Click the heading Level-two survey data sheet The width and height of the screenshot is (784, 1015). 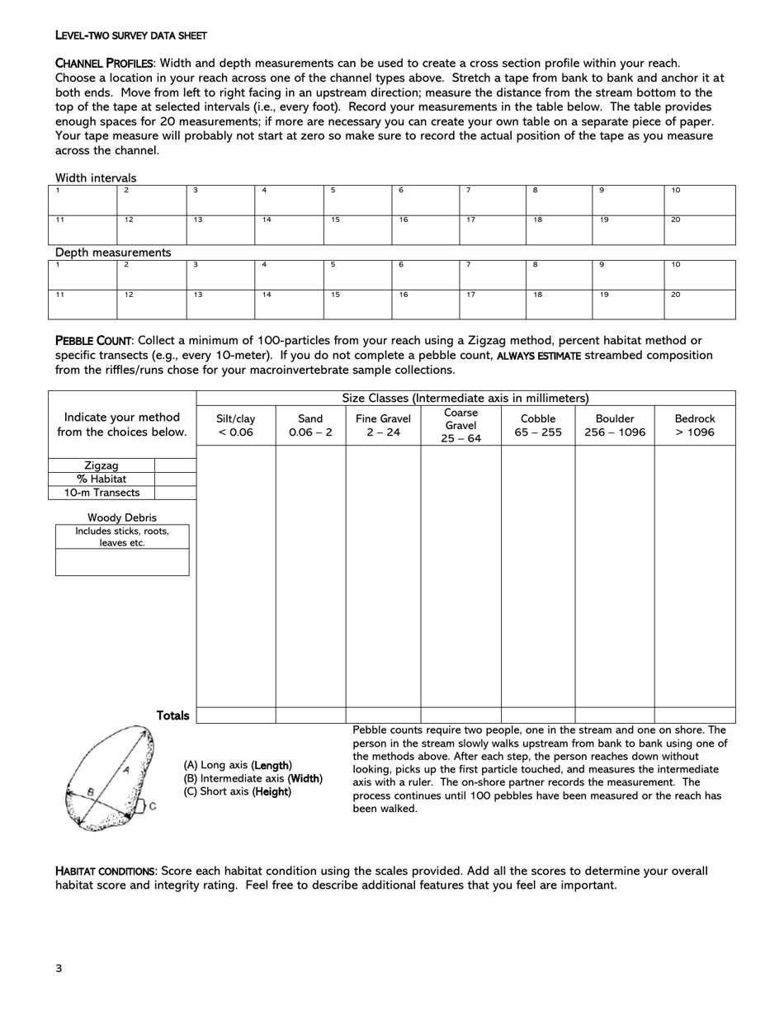pyautogui.click(x=130, y=35)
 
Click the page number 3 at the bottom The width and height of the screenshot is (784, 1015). pyautogui.click(x=59, y=968)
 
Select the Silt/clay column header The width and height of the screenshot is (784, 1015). pyautogui.click(x=235, y=425)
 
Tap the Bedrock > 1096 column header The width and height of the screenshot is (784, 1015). pyautogui.click(x=694, y=425)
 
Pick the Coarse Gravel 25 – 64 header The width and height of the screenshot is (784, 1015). pyautogui.click(x=460, y=425)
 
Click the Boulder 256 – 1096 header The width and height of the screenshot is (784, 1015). pyautogui.click(x=614, y=425)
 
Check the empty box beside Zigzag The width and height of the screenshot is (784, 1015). pyautogui.click(x=175, y=465)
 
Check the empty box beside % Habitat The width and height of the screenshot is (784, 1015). pyautogui.click(x=175, y=479)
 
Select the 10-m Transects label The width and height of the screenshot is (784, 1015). pyautogui.click(x=102, y=493)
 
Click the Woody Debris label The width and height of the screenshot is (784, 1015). pyautogui.click(x=122, y=517)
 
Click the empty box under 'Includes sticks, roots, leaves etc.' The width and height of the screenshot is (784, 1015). pyautogui.click(x=122, y=563)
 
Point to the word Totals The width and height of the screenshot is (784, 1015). pyautogui.click(x=172, y=715)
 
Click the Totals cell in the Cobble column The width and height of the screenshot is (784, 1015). pyautogui.click(x=537, y=715)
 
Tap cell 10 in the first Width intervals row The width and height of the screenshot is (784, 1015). pyautogui.click(x=699, y=201)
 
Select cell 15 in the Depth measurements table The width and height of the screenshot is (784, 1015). pyautogui.click(x=356, y=304)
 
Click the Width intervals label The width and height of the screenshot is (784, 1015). pyautogui.click(x=96, y=177)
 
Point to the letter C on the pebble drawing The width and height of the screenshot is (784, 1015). pyautogui.click(x=152, y=807)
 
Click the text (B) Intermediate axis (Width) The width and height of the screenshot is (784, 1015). pyautogui.click(x=253, y=778)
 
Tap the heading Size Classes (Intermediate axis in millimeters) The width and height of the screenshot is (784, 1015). pyautogui.click(x=465, y=398)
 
